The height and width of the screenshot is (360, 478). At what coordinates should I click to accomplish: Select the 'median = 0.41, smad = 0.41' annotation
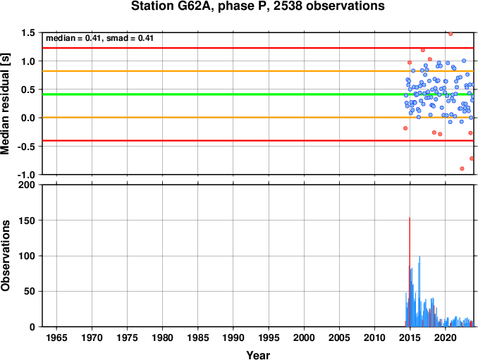99,38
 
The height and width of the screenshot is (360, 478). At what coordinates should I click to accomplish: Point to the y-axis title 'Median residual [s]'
5,104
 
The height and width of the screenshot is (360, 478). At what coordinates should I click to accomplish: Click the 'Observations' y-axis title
5,255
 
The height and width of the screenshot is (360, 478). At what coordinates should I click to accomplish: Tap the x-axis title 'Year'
258,355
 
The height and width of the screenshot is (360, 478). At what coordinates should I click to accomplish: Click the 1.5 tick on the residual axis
27,32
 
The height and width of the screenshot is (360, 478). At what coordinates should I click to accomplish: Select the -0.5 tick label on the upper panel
26,147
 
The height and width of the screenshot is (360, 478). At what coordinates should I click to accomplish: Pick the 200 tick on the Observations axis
27,185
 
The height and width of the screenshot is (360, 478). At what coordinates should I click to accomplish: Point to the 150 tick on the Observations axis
27,221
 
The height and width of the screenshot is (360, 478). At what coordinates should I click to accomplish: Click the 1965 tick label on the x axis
56,337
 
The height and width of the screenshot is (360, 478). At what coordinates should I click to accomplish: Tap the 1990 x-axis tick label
233,337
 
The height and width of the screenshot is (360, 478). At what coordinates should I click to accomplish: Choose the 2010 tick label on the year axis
374,337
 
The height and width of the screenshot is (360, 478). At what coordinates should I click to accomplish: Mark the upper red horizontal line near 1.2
258,48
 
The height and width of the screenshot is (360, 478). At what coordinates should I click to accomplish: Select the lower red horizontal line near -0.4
258,141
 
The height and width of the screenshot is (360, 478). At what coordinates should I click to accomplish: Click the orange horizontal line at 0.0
258,118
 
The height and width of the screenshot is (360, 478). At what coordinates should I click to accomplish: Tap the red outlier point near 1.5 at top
451,34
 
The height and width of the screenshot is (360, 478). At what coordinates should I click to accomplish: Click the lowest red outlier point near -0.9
462,169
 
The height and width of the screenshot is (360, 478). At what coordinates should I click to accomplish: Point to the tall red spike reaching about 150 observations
410,272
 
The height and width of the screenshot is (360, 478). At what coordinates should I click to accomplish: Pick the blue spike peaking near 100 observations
419,292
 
